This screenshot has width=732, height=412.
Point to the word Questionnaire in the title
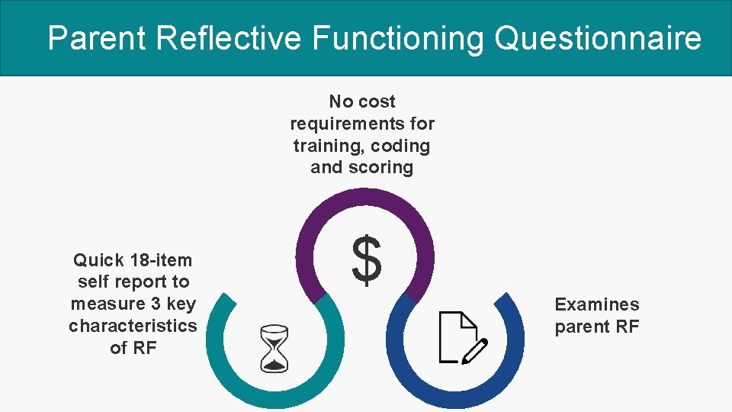coord(598,37)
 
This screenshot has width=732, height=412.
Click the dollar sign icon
coord(367,260)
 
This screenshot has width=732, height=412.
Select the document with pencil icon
coord(462,336)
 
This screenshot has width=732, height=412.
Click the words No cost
coord(362,101)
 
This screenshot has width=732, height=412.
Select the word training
coord(323,146)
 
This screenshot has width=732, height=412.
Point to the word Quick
coord(98,260)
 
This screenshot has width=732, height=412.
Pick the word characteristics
coord(133,327)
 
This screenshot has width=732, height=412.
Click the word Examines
coord(597,305)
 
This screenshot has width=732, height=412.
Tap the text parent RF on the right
coord(597,327)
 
